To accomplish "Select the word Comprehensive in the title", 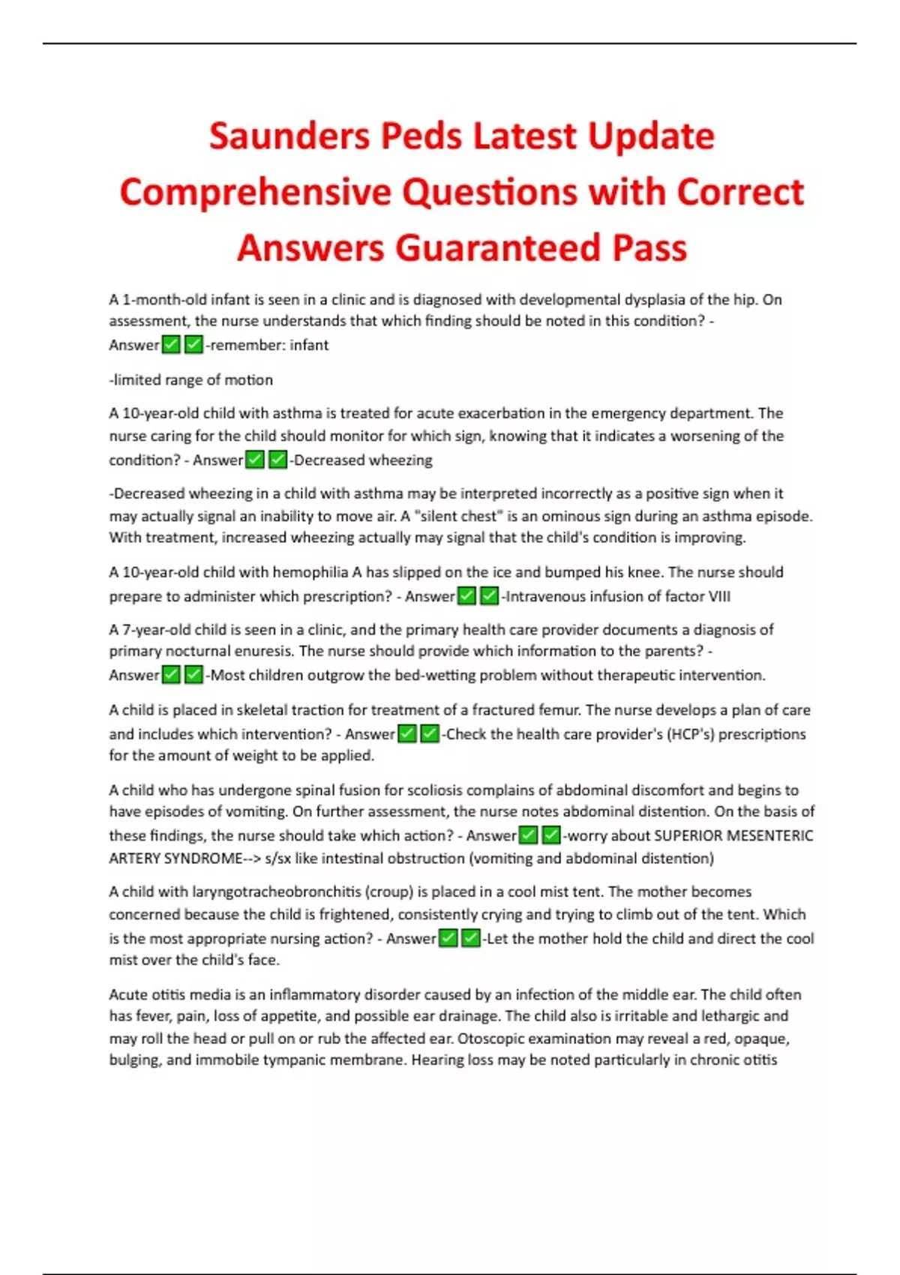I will (256, 192).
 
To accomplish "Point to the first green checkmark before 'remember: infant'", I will (172, 345).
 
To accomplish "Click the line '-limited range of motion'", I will (191, 380).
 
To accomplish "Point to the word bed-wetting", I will (434, 676).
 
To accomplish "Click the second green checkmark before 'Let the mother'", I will (471, 939).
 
